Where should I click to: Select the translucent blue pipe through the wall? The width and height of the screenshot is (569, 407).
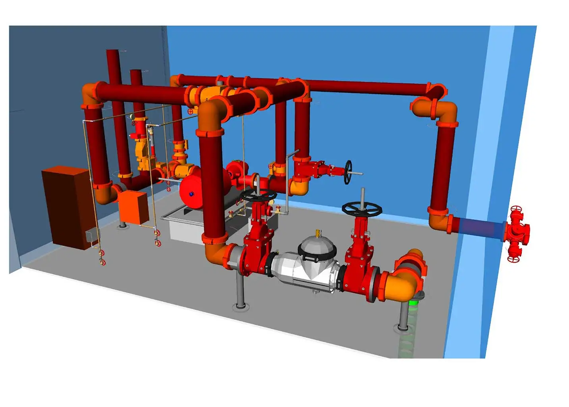pyautogui.click(x=480, y=228)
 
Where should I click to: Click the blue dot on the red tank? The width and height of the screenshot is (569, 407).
pyautogui.click(x=191, y=194)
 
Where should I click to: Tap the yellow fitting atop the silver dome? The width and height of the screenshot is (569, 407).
pyautogui.click(x=317, y=233)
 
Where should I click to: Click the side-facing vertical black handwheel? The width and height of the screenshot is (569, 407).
pyautogui.click(x=348, y=172)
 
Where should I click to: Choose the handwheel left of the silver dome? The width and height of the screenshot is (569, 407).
pyautogui.click(x=258, y=195)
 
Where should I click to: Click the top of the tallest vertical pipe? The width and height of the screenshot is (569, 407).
pyautogui.click(x=113, y=52)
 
